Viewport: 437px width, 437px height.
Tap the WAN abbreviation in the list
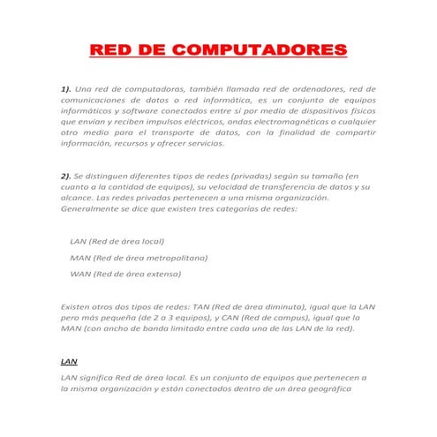tap(79, 275)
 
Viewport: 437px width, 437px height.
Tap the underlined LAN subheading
tap(67, 361)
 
